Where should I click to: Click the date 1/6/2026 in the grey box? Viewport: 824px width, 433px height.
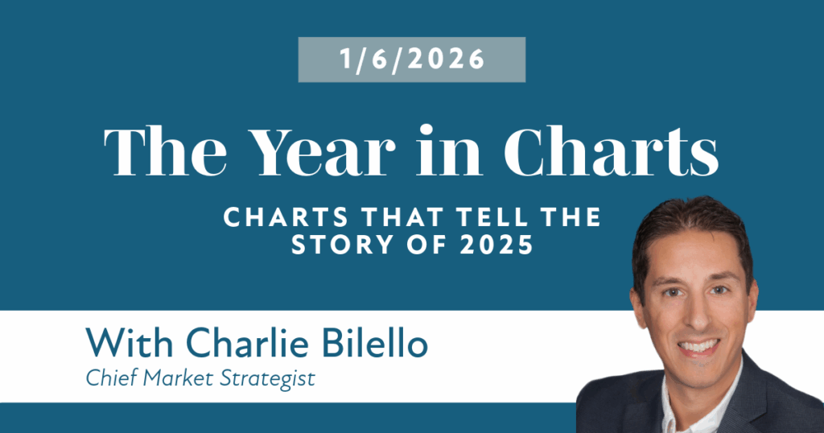pos(412,59)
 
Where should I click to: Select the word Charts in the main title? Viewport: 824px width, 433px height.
pos(611,151)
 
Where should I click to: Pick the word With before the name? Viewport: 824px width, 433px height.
pos(130,343)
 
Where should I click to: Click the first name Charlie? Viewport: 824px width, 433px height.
pos(247,343)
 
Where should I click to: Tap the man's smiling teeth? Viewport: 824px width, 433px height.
pos(699,346)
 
